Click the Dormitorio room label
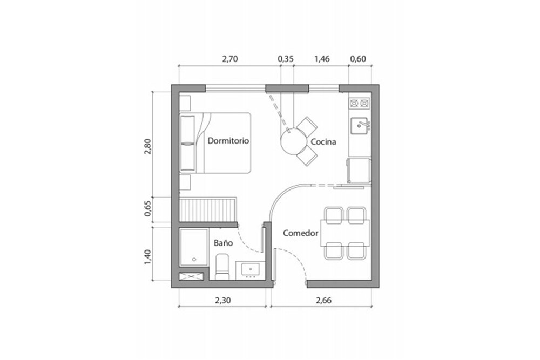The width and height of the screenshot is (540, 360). point(228,141)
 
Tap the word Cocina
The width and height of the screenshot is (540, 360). point(323,142)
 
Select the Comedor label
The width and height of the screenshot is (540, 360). point(301,233)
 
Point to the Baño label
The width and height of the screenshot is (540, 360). point(223,243)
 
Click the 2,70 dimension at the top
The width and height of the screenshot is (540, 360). point(230,59)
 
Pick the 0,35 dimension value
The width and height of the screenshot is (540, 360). point(286,59)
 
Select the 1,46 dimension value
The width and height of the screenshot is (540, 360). point(322,59)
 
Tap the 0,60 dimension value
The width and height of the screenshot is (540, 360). point(358,59)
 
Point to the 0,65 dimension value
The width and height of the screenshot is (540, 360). point(148,208)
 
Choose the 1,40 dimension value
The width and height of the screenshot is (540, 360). point(148,257)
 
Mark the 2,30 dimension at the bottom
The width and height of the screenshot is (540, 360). point(223,301)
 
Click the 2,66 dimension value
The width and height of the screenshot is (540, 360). point(323,301)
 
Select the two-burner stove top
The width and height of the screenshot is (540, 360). point(360,103)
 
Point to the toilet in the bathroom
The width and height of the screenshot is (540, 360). point(222,267)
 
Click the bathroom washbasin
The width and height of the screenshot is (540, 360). point(250,269)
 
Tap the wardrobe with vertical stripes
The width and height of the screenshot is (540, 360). point(208,209)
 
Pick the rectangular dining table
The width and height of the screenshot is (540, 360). point(346,233)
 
